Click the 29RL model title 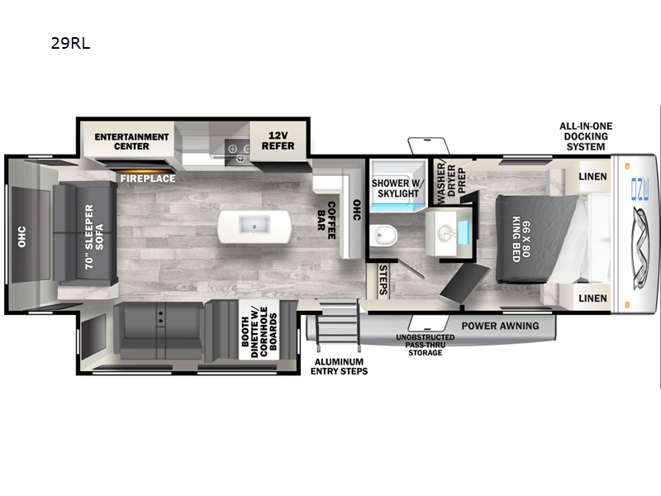click(70, 44)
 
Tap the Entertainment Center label click(131, 141)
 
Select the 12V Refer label click(278, 141)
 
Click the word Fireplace click(148, 179)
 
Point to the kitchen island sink click(254, 224)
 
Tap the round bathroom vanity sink click(445, 232)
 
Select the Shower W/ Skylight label click(397, 188)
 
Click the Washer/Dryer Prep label click(451, 183)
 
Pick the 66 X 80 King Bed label click(521, 239)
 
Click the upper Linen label click(592, 177)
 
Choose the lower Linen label click(592, 298)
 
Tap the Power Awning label click(500, 326)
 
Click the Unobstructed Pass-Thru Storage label click(425, 345)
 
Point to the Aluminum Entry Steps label click(339, 366)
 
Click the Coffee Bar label click(326, 220)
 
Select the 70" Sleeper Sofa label click(93, 236)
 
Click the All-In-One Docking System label click(586, 136)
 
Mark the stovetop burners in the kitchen click(237, 152)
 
